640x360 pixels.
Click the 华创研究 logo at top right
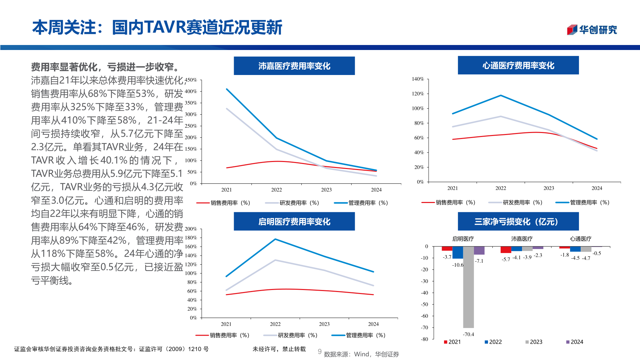[x=592, y=30]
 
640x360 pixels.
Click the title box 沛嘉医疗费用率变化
[x=294, y=66]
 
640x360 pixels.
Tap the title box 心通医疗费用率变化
[x=518, y=65]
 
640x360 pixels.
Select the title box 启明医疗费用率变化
[x=294, y=222]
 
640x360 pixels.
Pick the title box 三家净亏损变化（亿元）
[x=518, y=222]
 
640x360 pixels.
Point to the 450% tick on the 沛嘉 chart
[x=191, y=80]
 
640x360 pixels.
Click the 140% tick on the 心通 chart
[x=418, y=79]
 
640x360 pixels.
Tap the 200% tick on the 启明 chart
[x=191, y=229]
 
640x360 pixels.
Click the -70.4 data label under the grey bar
[x=468, y=334]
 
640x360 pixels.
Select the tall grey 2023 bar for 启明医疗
[x=468, y=287]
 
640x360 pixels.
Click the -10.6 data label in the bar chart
[x=458, y=265]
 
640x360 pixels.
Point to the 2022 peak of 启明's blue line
[x=275, y=239]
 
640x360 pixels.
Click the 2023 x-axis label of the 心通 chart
[x=549, y=188]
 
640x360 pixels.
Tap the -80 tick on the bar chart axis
[x=424, y=339]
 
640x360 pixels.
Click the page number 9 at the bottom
[x=320, y=351]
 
